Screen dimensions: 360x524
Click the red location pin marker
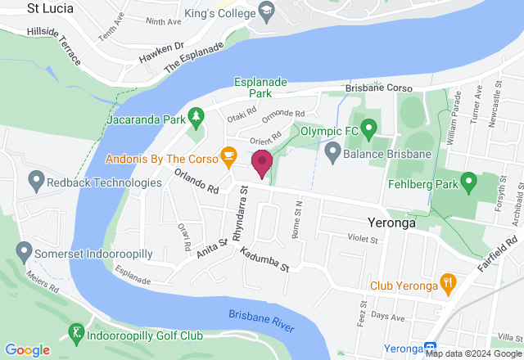click(x=262, y=162)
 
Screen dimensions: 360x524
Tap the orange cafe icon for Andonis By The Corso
click(x=228, y=155)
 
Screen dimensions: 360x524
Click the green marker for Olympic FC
click(x=368, y=129)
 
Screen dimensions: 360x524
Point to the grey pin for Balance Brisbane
click(x=332, y=152)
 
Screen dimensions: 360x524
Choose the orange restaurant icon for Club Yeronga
click(x=448, y=285)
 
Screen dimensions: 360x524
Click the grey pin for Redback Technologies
click(x=35, y=178)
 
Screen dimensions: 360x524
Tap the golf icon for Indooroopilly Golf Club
click(x=76, y=333)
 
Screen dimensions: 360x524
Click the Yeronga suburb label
click(x=387, y=222)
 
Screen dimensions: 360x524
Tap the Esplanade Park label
click(x=264, y=88)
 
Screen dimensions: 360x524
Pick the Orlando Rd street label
click(x=196, y=181)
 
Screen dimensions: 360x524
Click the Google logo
click(x=26, y=350)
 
